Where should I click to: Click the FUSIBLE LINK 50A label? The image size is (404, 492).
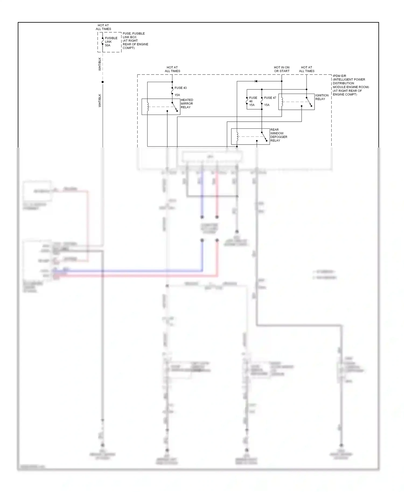[x=111, y=42]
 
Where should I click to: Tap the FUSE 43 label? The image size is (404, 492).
[x=180, y=88]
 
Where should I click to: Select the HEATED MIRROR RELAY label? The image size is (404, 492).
[x=187, y=104]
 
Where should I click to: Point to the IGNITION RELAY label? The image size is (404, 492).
[x=322, y=97]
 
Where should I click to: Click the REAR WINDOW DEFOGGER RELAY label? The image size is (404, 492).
[x=278, y=135]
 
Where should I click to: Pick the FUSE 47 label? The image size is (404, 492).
[x=270, y=98]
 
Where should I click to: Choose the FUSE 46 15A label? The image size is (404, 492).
[x=253, y=101]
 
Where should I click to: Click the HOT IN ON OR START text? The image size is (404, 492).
[x=281, y=69]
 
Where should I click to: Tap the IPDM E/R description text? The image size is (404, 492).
[x=350, y=85]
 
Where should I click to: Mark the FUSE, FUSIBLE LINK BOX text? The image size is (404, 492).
[x=135, y=41]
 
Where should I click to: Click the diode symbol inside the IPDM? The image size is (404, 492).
[x=256, y=81]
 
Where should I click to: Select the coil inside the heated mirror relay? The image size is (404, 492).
[x=147, y=107]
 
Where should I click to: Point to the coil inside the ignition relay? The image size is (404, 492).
[x=282, y=102]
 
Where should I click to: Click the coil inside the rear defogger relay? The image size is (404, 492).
[x=237, y=136]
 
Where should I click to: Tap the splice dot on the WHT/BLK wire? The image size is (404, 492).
[x=102, y=82]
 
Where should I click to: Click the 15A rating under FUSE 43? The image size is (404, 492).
[x=177, y=95]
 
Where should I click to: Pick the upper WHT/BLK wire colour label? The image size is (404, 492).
[x=100, y=64]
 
